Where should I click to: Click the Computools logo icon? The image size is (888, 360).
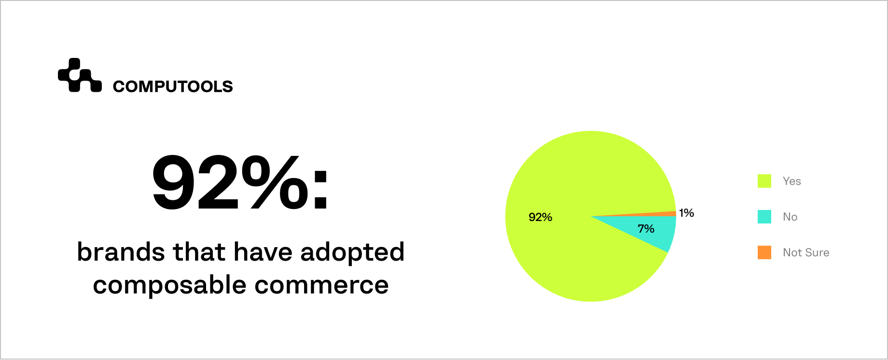tap(80, 75)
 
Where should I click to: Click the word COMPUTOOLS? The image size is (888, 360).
tap(173, 86)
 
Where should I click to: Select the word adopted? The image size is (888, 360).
tap(352, 253)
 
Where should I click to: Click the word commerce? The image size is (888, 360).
tap(321, 285)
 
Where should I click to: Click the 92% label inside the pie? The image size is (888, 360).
tap(540, 217)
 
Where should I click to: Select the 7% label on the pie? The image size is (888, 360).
tap(646, 229)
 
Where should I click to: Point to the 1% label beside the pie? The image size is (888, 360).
tap(686, 213)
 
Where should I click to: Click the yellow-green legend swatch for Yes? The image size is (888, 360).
tap(764, 181)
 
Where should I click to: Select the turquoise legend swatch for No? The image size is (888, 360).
tap(764, 217)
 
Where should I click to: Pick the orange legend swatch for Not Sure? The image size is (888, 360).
tap(764, 252)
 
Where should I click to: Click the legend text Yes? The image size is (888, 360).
tap(791, 181)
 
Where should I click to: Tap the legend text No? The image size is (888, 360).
tap(790, 217)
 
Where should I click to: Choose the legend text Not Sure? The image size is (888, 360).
tap(806, 252)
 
